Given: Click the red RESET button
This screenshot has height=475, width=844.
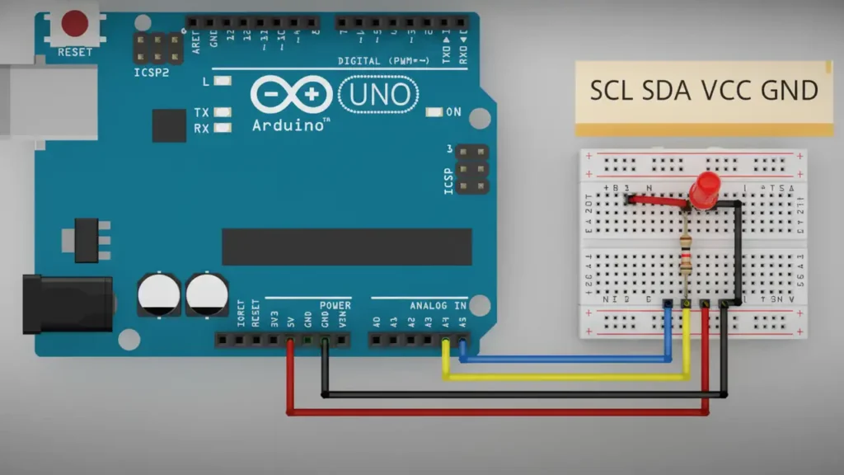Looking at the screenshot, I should [x=75, y=23].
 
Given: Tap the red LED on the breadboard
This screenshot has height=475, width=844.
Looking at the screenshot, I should [x=705, y=190].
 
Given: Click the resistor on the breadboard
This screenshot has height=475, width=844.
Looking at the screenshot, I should [x=686, y=256].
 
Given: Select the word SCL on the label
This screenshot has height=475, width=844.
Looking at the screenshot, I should [x=611, y=90].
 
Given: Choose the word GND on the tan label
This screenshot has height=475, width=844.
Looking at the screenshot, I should [x=789, y=90].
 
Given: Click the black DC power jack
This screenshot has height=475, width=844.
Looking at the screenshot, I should [x=66, y=303].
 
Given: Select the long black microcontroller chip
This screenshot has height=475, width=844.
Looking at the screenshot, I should [x=346, y=247].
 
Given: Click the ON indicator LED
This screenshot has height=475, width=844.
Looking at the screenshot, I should [x=434, y=111].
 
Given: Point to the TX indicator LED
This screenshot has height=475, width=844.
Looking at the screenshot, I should [x=220, y=112].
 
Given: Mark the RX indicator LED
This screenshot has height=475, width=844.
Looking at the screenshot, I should [x=220, y=128].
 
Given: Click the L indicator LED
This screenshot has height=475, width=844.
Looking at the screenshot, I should [x=220, y=82].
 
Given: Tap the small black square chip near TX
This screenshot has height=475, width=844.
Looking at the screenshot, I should [x=169, y=125].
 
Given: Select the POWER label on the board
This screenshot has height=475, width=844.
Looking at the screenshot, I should [x=335, y=305].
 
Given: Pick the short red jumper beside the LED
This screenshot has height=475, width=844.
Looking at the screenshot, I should [x=656, y=199].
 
